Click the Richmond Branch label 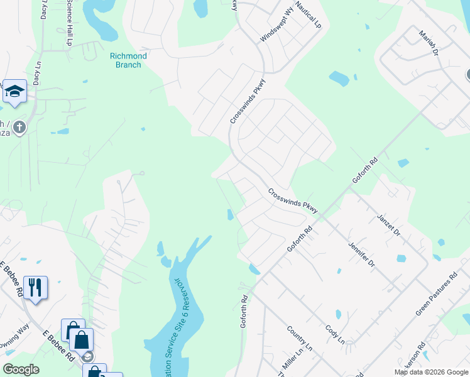coord(128,60)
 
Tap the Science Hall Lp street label coord(69,23)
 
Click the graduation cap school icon coord(14,92)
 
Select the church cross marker coord(19,128)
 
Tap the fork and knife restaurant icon coord(35,288)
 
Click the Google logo coord(21,369)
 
